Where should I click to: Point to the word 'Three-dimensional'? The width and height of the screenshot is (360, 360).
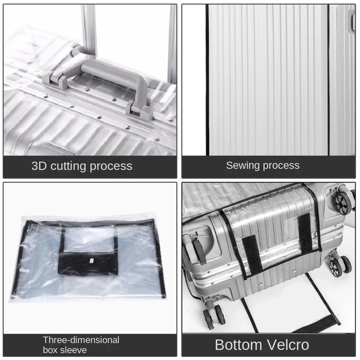[81, 340]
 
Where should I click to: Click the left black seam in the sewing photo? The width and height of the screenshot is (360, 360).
[208, 79]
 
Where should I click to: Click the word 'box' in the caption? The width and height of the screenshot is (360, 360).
[50, 350]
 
